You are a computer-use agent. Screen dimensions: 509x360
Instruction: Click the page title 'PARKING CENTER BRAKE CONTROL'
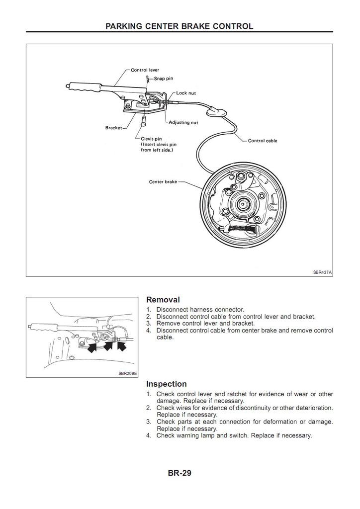tap(180, 26)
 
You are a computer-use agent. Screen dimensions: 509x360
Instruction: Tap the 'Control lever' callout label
tap(145, 70)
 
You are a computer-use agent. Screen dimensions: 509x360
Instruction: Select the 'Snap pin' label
tap(163, 78)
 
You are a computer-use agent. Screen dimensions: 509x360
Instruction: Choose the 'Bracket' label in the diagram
tap(113, 128)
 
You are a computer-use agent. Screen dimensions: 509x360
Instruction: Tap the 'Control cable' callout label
tap(263, 141)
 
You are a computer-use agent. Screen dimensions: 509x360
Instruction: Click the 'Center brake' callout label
tap(163, 182)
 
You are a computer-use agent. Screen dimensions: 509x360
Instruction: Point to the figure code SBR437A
tap(322, 272)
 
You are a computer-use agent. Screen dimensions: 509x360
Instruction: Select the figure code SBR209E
tap(128, 372)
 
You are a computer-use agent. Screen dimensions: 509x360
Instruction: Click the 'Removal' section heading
tap(163, 300)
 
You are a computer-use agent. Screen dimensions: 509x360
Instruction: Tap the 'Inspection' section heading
tap(167, 384)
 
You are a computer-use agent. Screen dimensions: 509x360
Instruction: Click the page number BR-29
tap(180, 473)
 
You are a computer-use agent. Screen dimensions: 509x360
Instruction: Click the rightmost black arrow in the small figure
tap(121, 345)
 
